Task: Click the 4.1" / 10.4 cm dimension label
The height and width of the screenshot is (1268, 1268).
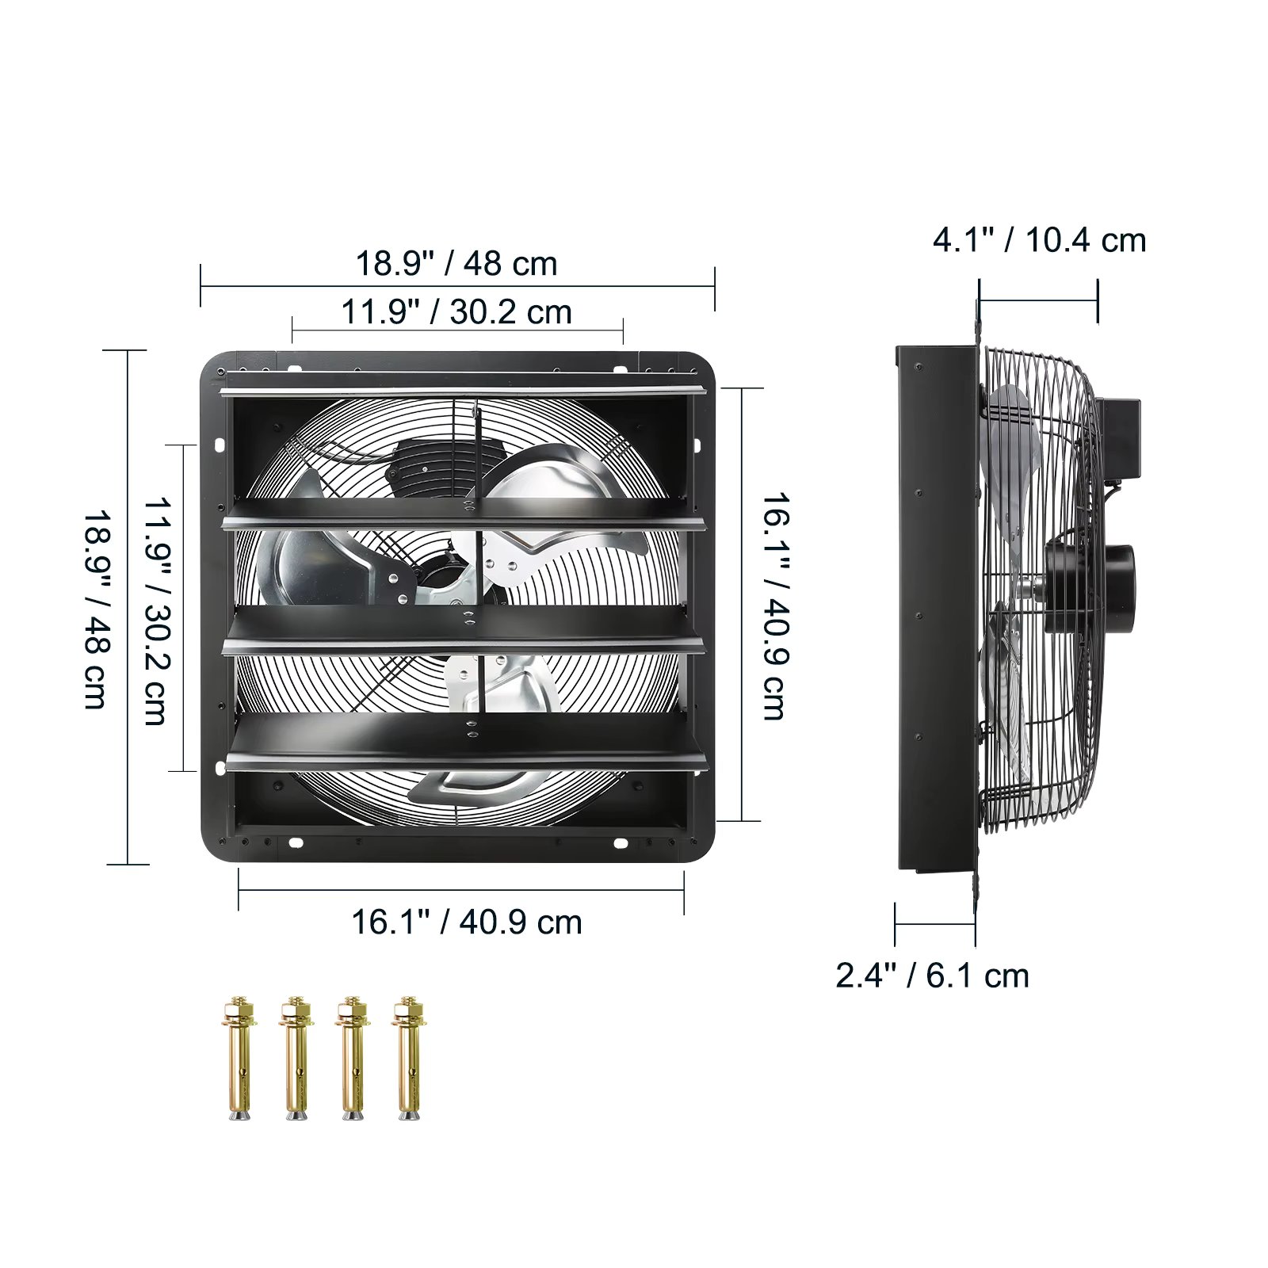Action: coord(1039,240)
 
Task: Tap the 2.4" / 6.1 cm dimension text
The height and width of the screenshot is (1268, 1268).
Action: coord(932,976)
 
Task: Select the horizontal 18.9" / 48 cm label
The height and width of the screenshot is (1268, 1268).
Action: coord(456,263)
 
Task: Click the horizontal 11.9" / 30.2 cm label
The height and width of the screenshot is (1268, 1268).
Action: coord(456,311)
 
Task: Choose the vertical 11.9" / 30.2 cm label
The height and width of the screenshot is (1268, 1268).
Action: coord(156,611)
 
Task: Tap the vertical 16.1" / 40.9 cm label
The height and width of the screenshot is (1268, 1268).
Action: coord(775,606)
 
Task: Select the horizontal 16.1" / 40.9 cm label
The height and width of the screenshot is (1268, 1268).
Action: coord(466,922)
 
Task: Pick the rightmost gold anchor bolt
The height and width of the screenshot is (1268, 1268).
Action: coord(409,1057)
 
